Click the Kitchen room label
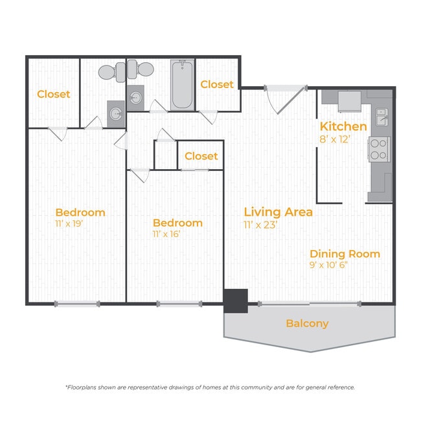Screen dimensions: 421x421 (x=343, y=126)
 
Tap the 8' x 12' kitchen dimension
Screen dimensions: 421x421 (x=335, y=139)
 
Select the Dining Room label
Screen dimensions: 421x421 (x=345, y=254)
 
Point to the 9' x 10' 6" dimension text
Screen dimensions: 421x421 (x=328, y=265)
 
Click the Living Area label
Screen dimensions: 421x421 (x=278, y=212)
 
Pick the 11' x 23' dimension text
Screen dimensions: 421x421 (x=260, y=225)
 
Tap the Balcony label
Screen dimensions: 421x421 (x=307, y=324)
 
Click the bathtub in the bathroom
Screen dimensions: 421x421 (x=182, y=85)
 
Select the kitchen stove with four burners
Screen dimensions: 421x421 (x=379, y=149)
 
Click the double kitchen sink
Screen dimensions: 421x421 (x=381, y=117)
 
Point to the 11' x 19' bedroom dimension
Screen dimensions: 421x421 (x=69, y=223)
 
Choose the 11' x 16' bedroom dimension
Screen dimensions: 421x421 (x=166, y=234)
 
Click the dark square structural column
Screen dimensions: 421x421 (x=236, y=301)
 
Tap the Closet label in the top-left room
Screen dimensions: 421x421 (x=53, y=95)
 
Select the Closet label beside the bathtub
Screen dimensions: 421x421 (x=217, y=85)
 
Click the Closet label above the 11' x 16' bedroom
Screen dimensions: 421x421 (x=201, y=156)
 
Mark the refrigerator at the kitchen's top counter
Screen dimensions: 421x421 (x=350, y=102)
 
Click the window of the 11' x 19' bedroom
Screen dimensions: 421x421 (x=77, y=304)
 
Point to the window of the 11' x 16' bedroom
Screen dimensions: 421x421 (x=179, y=304)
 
